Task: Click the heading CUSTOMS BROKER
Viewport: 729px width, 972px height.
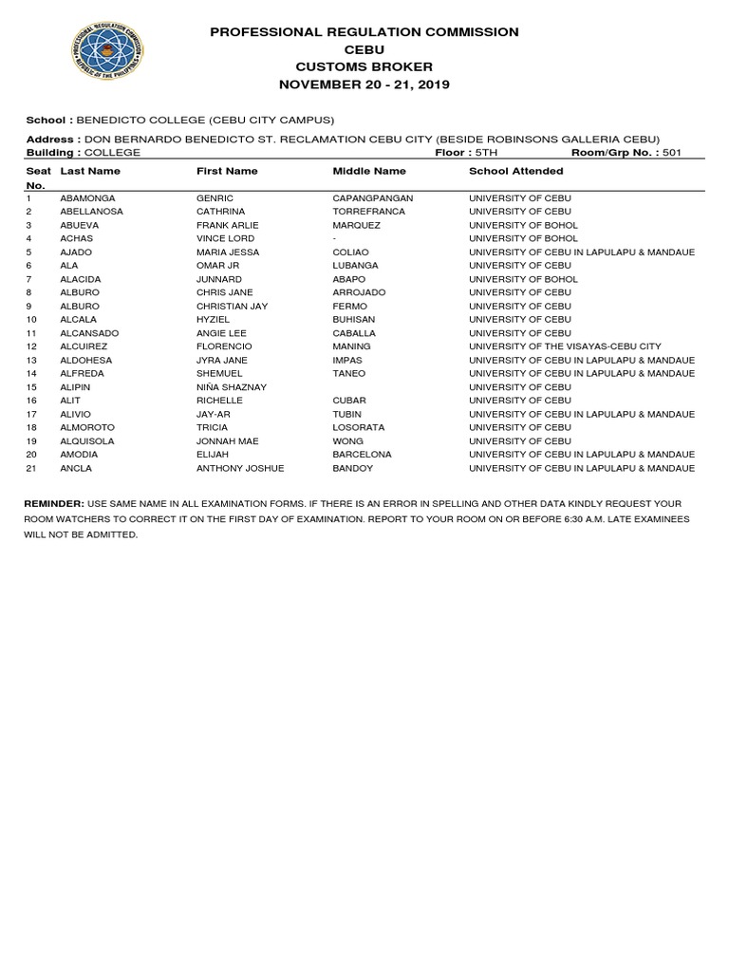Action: [x=364, y=66]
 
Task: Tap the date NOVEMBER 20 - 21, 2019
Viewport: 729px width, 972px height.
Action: [x=364, y=84]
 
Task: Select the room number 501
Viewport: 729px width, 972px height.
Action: [x=672, y=152]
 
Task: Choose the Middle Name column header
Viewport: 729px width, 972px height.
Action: [x=369, y=171]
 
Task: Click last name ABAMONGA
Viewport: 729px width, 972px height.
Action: [x=87, y=197]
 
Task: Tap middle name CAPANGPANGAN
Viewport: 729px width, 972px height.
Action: [x=372, y=197]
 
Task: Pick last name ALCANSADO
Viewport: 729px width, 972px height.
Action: [x=91, y=333]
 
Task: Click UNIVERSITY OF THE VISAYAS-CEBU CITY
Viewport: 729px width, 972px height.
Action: [x=565, y=346]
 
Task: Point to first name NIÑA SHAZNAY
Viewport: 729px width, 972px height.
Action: [x=231, y=387]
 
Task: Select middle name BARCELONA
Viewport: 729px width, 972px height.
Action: [x=362, y=455]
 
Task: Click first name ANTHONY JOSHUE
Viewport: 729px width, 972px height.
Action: [x=239, y=468]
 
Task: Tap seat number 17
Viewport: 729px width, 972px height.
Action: [x=31, y=414]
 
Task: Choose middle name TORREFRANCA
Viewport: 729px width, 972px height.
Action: [x=368, y=211]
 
